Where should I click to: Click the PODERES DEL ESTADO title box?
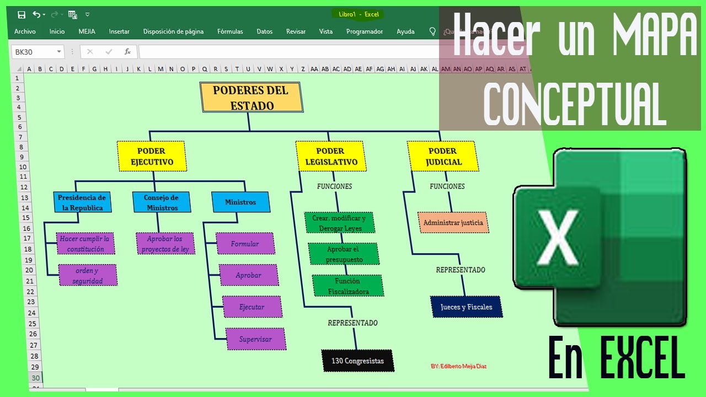click(252, 98)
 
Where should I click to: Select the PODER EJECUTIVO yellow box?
click(152, 156)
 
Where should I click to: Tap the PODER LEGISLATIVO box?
click(331, 156)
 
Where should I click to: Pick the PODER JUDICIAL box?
click(443, 156)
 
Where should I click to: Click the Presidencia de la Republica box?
click(82, 202)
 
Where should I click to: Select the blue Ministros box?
click(240, 202)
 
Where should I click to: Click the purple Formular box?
click(245, 244)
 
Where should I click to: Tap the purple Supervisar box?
click(255, 339)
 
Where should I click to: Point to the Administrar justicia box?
click(453, 223)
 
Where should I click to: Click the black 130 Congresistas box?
click(357, 361)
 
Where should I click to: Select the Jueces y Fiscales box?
click(466, 307)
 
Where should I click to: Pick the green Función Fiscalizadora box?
click(347, 286)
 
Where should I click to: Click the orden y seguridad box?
click(88, 275)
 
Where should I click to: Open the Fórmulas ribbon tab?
click(230, 31)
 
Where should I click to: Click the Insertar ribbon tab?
click(119, 31)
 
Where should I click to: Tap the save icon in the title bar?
click(22, 15)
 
